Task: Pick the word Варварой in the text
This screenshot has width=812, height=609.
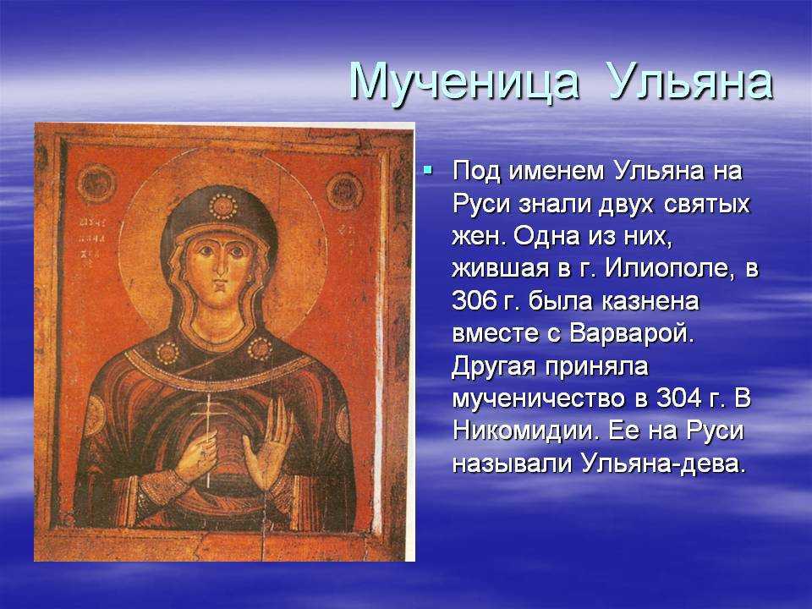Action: (631, 333)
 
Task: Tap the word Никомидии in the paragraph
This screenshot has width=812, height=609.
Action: (524, 431)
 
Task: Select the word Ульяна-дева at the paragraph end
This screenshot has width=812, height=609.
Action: (663, 464)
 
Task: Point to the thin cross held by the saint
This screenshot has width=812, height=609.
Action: (209, 440)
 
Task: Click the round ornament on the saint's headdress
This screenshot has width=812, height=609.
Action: (223, 206)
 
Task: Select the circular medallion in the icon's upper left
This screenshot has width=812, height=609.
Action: (96, 184)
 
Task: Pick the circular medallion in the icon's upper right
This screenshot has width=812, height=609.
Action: (344, 190)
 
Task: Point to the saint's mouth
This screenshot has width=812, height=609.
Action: (221, 285)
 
